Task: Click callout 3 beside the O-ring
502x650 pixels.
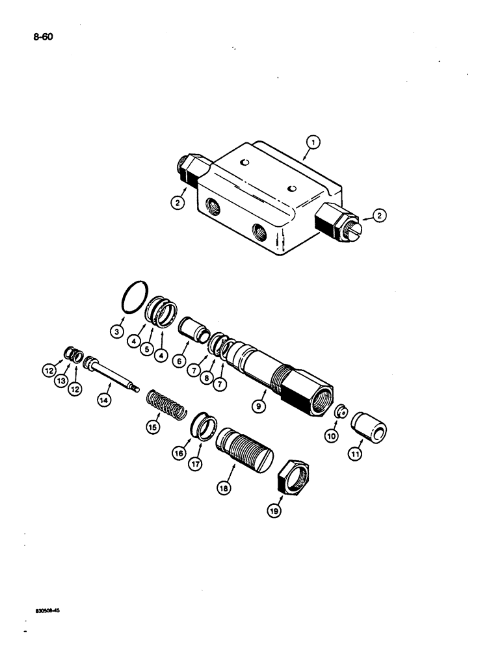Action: coord(116,331)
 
